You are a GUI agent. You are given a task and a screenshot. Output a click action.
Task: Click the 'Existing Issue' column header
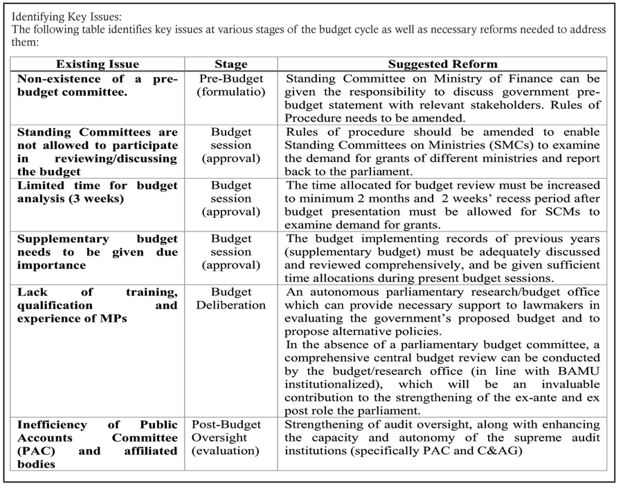coord(97,64)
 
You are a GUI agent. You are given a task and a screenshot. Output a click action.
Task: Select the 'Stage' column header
coord(231,64)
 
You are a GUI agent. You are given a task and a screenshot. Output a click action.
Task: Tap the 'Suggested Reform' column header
coord(442,64)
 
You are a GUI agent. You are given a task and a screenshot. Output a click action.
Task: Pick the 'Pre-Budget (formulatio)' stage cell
coord(231,85)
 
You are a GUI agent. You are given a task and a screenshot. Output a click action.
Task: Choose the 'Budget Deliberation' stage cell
coord(231,299)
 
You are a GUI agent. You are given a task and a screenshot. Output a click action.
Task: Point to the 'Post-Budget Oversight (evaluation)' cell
coord(231,437)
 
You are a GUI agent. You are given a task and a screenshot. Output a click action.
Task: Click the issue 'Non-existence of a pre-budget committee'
coord(97,85)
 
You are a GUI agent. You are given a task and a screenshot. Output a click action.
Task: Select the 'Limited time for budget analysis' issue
coord(97,192)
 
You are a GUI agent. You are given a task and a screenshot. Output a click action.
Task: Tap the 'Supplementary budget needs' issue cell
coord(97,252)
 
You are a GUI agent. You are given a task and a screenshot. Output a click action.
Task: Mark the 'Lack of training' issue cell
coord(97,305)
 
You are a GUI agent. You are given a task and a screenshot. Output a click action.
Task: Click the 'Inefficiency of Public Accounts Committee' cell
coord(97,444)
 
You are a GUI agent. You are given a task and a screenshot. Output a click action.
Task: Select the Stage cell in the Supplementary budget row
coord(231,252)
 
